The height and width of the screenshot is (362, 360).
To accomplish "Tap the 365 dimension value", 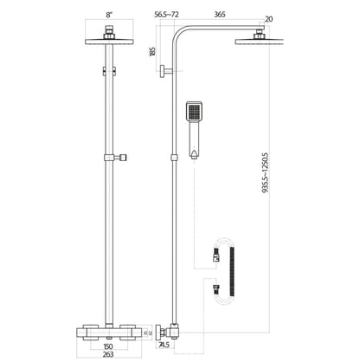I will pos(219,15).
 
